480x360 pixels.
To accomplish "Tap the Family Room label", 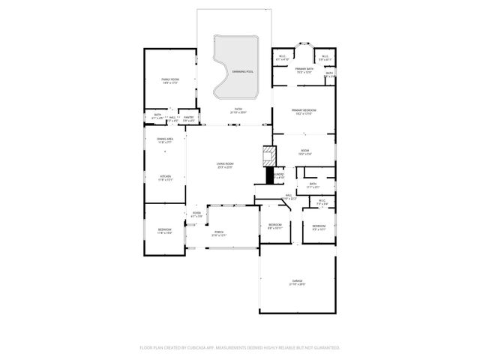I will (170, 79).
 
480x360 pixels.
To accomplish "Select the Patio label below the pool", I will (238, 109).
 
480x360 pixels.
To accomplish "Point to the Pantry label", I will (189, 117).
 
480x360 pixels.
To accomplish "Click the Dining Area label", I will (165, 140).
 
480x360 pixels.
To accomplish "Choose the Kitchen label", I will (166, 177).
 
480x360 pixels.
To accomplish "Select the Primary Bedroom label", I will (304, 111).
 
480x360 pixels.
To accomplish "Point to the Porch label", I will (219, 232).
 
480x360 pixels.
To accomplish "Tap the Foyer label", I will (196, 214).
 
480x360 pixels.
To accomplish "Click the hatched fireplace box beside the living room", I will (268, 155).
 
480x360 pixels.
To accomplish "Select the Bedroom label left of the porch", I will (165, 230).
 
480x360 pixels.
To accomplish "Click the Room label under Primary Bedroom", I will (304, 151).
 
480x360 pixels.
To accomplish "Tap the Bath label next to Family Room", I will (157, 116).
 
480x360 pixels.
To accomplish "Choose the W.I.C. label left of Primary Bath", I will (282, 57).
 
